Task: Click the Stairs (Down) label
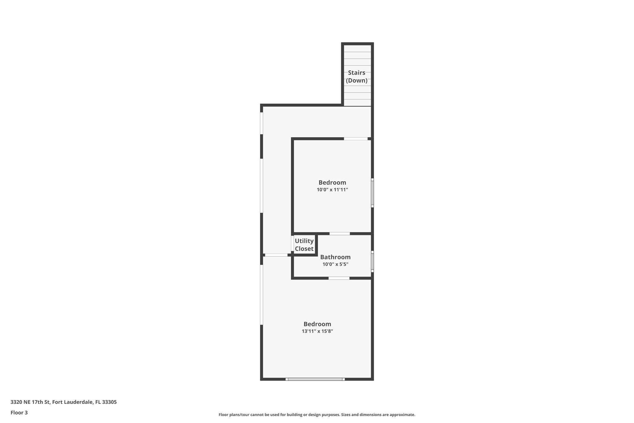tap(357, 77)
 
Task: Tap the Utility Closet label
tap(304, 245)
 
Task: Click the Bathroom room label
tap(335, 257)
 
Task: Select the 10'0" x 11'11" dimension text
tap(332, 190)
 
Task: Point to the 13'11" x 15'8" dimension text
tap(317, 331)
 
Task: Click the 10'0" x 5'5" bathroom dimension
tap(335, 264)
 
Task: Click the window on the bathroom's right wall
tap(372, 262)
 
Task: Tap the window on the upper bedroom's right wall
tap(372, 193)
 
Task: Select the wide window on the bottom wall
tap(315, 379)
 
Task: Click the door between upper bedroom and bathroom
tap(340, 234)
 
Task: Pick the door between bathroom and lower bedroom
tap(339, 278)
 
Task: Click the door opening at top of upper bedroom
tap(356, 139)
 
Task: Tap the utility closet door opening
tap(293, 244)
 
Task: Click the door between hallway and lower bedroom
tap(276, 255)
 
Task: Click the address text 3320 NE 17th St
tap(30, 402)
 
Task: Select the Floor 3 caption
tap(19, 413)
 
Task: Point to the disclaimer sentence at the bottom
tap(317, 415)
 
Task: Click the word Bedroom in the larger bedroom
tap(317, 324)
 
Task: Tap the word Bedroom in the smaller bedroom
tap(332, 183)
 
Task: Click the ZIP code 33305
tap(109, 402)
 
